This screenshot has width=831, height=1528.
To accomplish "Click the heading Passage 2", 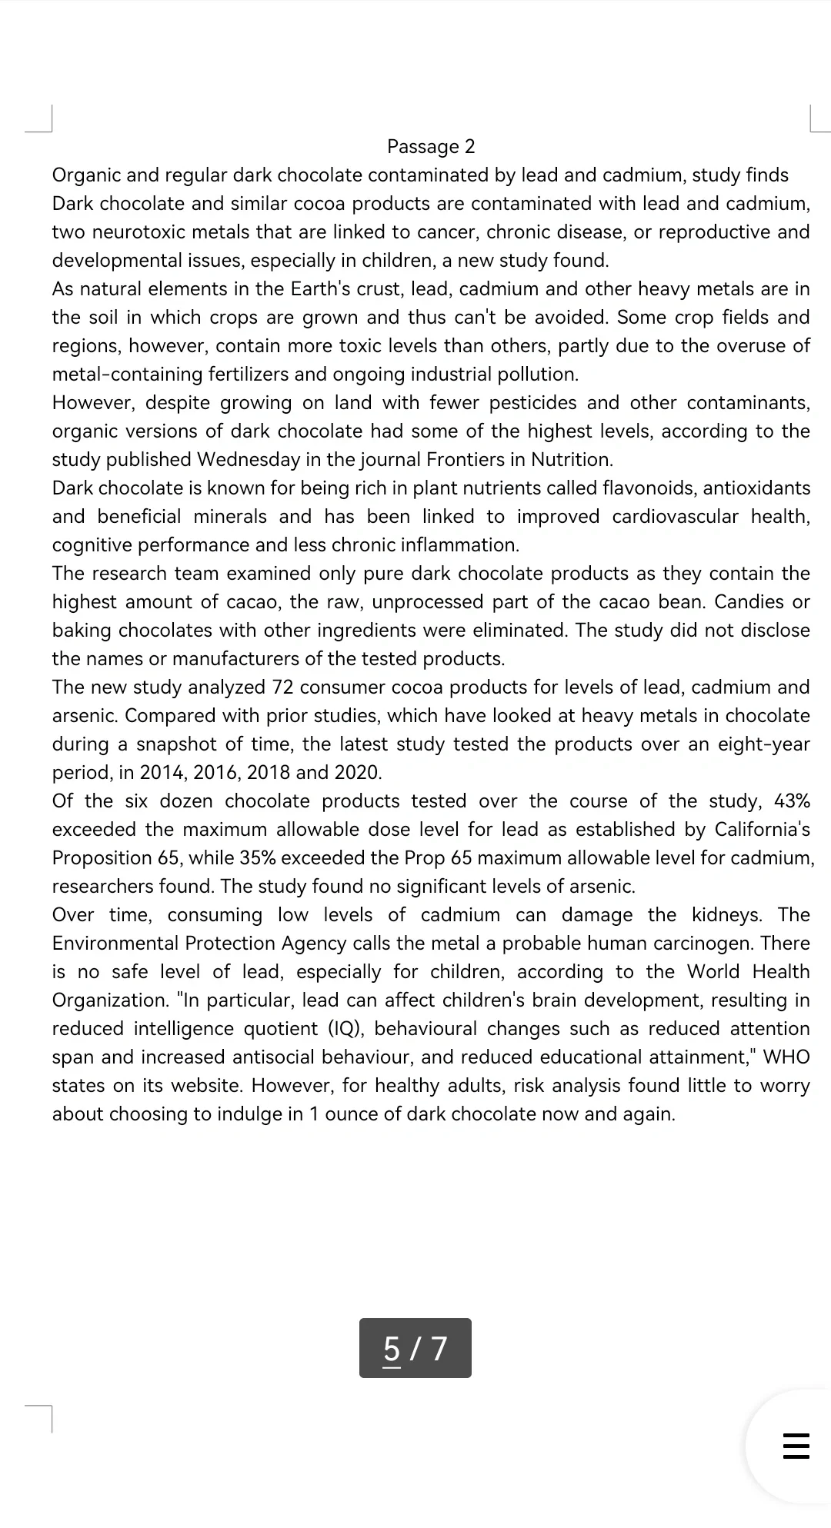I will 431,146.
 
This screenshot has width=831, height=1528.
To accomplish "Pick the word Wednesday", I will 248,459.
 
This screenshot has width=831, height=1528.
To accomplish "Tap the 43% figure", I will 792,801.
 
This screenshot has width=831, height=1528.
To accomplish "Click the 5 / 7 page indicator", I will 415,1348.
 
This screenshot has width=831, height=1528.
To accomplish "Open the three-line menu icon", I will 796,1446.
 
